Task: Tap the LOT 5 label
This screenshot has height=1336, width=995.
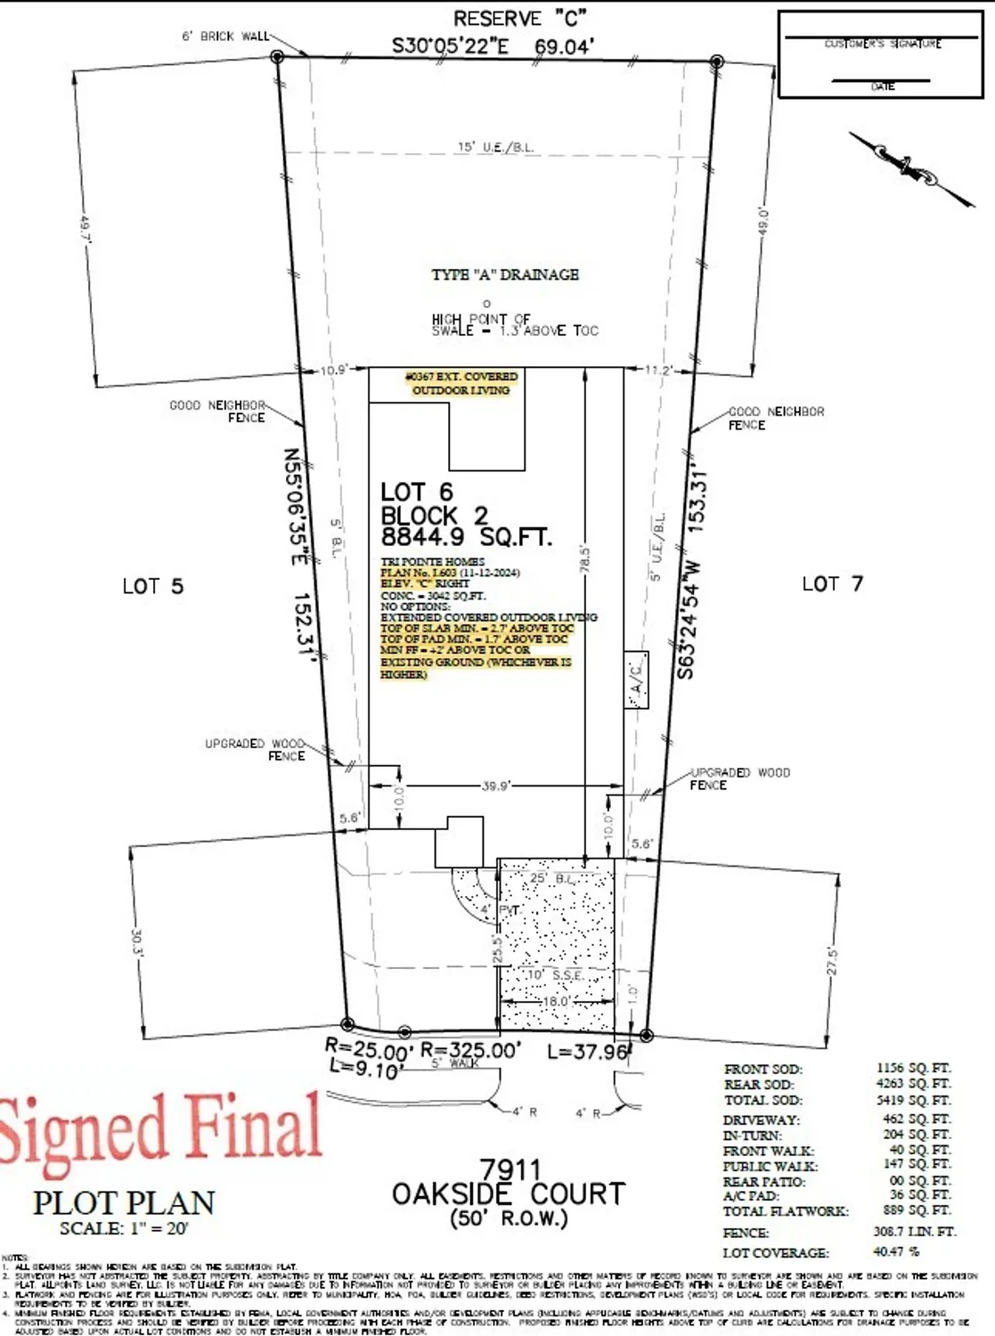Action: point(152,586)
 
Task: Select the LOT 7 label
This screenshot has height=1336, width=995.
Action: point(832,584)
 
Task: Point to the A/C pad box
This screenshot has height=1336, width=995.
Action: point(636,680)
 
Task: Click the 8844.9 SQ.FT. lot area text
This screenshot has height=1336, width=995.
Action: point(466,537)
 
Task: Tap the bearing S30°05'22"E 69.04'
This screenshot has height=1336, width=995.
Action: point(493,46)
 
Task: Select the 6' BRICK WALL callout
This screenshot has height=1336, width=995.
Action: point(225,37)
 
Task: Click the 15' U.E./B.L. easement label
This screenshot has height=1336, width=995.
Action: point(495,147)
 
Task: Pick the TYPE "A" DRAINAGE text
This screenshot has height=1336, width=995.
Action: point(505,274)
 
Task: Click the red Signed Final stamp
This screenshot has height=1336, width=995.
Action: point(160,1128)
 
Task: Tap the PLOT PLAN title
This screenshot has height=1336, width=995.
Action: point(124,1203)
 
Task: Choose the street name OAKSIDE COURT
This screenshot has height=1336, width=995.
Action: point(509,1193)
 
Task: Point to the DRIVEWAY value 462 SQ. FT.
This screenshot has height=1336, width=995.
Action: point(913,1120)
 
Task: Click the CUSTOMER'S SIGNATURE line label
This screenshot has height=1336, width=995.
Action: point(882,44)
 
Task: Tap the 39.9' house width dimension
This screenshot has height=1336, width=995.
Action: point(495,786)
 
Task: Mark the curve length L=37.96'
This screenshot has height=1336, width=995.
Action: point(587,1052)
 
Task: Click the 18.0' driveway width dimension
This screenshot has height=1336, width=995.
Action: point(557,1001)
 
